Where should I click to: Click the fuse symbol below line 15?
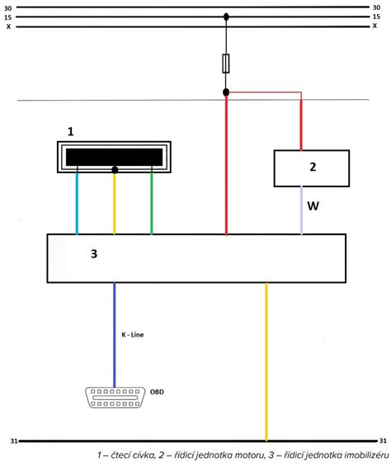226,64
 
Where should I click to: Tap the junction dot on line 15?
226,17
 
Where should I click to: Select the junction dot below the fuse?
226,92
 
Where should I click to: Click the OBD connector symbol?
115,398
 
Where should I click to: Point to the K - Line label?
133,335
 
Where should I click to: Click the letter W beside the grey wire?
313,206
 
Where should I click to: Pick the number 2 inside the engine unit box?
313,167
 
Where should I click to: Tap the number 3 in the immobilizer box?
94,254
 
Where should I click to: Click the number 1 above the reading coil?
70,131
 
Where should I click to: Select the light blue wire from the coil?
78,203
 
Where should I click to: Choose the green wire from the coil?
152,203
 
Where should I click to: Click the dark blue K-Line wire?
115,335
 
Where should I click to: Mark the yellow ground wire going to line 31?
266,362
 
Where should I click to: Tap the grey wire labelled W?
301,210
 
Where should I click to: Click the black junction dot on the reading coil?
115,170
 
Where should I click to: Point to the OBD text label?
157,392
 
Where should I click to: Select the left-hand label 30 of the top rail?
8,8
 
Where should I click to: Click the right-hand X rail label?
375,26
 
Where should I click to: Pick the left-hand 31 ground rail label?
14,441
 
